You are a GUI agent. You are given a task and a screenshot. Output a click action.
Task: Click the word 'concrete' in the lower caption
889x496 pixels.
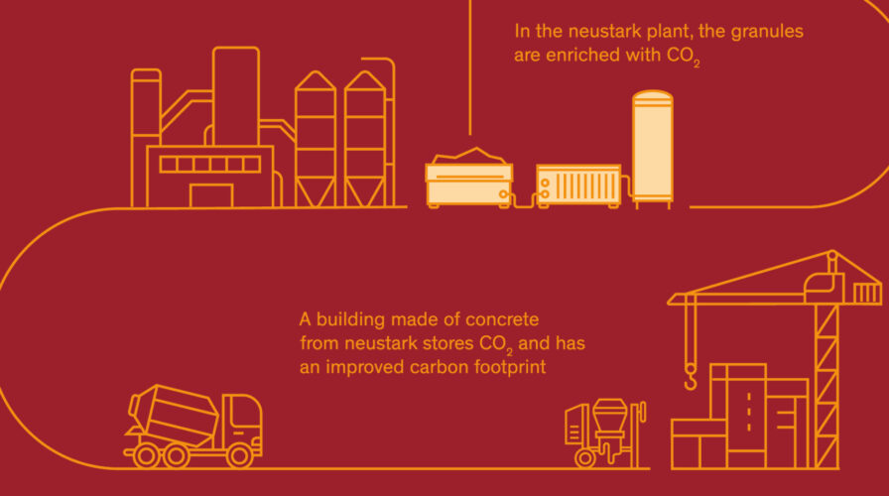click(502, 319)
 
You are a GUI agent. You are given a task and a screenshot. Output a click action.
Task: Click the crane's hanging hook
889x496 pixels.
click(691, 378)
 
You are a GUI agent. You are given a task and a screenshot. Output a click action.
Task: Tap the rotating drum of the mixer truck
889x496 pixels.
click(174, 415)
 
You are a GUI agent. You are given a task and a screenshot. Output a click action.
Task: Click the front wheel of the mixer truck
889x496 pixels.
click(239, 455)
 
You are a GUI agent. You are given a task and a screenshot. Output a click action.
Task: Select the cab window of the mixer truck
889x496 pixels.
click(244, 411)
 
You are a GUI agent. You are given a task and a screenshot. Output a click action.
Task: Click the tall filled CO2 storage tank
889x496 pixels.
click(653, 149)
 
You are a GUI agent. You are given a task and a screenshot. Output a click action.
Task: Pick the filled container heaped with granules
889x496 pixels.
click(469, 179)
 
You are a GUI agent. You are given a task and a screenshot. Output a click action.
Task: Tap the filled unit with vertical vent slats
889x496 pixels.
click(578, 186)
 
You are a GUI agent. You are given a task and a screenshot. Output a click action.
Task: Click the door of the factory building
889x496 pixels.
click(211, 195)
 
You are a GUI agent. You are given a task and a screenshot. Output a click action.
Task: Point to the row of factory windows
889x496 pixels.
click(209, 165)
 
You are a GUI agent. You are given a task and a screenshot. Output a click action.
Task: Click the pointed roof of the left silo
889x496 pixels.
click(316, 80)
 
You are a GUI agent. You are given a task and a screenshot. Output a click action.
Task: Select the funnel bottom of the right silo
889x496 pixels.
click(365, 191)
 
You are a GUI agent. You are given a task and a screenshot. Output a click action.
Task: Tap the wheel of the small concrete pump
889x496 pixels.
click(585, 458)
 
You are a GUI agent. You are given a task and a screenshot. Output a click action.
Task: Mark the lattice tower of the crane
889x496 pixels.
click(826, 387)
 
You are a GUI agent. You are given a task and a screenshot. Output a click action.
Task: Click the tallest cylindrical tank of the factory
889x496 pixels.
click(236, 96)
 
